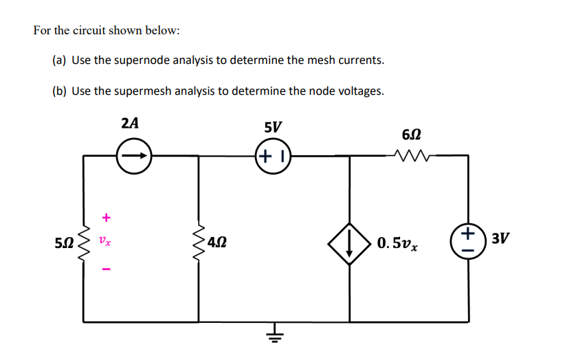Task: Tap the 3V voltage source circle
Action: click(468, 241)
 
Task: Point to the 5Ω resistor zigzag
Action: click(84, 242)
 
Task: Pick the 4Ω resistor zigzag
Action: click(200, 242)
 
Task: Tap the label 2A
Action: click(130, 124)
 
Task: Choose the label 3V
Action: click(502, 238)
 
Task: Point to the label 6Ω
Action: click(410, 135)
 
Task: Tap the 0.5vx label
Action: click(397, 243)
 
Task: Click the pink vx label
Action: click(104, 242)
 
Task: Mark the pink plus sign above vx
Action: click(105, 218)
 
